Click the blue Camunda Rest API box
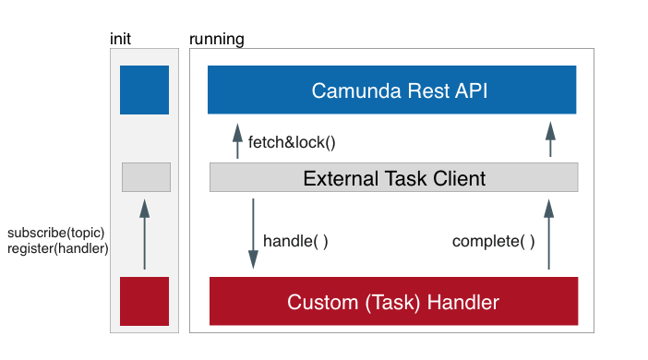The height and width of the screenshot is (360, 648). (x=392, y=90)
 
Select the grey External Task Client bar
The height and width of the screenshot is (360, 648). (x=394, y=177)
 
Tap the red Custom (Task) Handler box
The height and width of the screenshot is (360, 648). (x=394, y=302)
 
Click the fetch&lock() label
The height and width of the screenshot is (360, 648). (x=292, y=143)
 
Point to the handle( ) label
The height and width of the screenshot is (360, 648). (x=295, y=241)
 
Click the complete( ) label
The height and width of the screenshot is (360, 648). (x=493, y=242)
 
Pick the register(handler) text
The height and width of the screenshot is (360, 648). (x=57, y=249)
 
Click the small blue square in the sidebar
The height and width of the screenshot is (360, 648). (x=144, y=90)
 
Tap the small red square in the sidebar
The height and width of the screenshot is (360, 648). (x=144, y=301)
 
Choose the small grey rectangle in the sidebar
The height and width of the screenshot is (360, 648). (x=146, y=177)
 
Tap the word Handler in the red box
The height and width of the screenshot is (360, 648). (x=461, y=302)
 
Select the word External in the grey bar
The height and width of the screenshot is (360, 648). (x=337, y=177)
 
